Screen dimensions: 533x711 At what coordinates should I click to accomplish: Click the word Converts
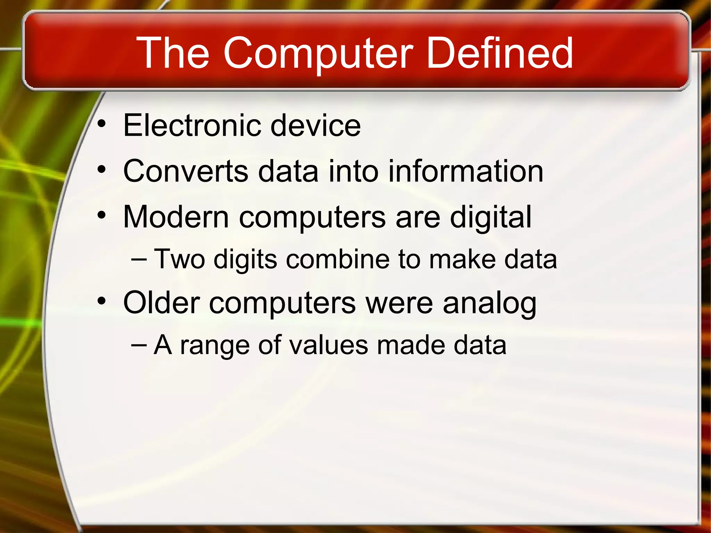tap(186, 171)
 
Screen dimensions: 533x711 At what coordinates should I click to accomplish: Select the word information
tap(466, 171)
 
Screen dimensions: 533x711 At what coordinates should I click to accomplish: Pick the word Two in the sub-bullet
tap(179, 259)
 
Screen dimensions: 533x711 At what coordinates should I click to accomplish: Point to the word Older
tap(161, 303)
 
